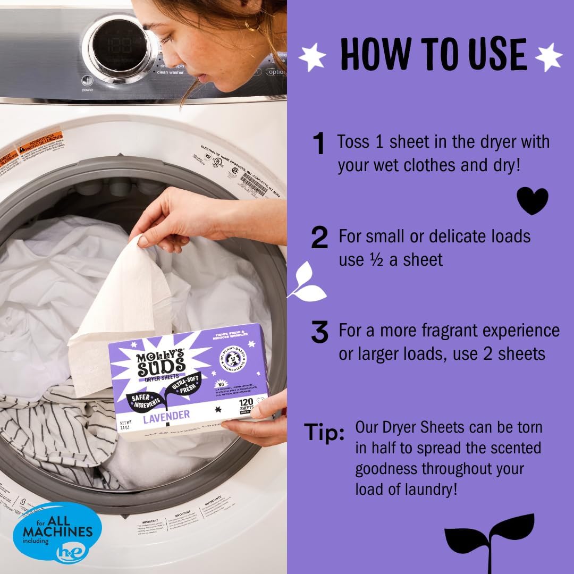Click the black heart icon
532,200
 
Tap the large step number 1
319,144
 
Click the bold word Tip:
324,433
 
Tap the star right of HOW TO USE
548,56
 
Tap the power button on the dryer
87,81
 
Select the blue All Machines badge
57,531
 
